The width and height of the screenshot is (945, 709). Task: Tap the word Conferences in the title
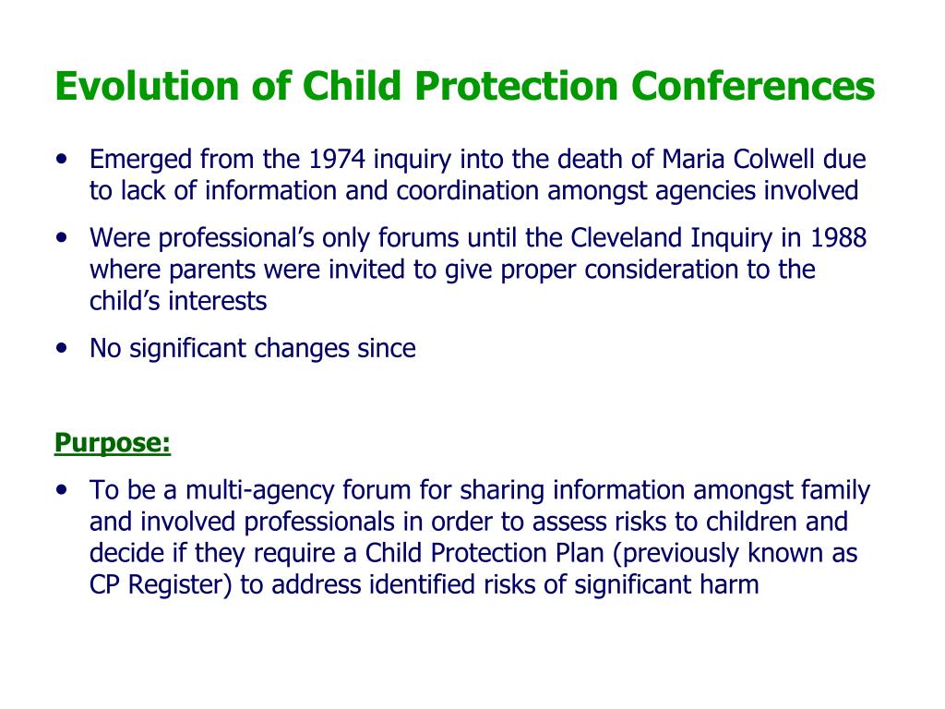pyautogui.click(x=753, y=86)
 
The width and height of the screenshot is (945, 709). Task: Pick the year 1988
pyautogui.click(x=838, y=238)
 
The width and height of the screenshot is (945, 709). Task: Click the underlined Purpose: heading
pyautogui.click(x=113, y=443)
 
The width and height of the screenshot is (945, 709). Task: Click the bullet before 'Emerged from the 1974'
pyautogui.click(x=62, y=160)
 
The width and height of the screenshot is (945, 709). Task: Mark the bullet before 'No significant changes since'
pyautogui.click(x=62, y=349)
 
